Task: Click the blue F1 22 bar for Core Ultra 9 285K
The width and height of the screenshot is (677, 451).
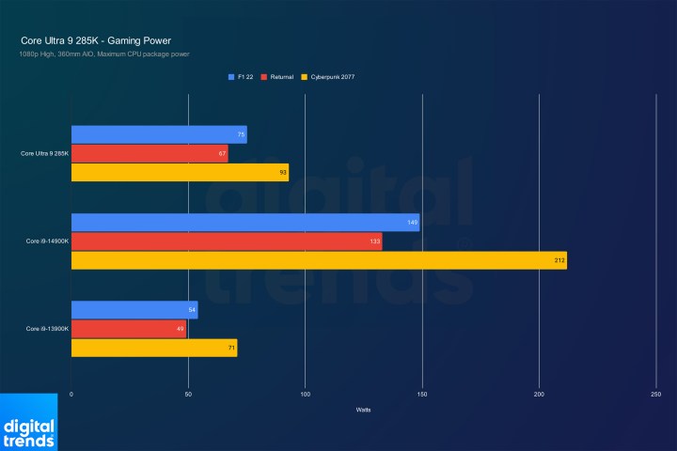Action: tap(158, 135)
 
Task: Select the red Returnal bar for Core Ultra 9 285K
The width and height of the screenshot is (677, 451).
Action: tap(149, 154)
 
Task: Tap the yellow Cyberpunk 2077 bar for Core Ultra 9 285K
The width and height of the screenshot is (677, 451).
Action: tap(179, 173)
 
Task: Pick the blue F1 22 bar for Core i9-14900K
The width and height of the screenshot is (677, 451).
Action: tap(244, 223)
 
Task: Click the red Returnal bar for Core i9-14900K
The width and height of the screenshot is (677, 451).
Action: tap(226, 241)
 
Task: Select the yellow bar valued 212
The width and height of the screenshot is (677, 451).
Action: tap(318, 260)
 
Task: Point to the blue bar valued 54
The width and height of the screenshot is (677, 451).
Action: tap(134, 310)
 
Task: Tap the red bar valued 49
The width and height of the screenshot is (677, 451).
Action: tap(128, 329)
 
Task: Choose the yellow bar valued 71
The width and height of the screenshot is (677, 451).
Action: tap(153, 348)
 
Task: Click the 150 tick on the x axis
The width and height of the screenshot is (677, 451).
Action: tap(422, 395)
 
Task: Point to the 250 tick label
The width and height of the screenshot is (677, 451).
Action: tap(655, 395)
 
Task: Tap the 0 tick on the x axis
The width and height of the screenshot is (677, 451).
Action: tap(71, 395)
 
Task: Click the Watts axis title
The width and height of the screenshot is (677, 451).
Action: tap(363, 410)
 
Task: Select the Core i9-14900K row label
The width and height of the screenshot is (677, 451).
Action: tap(46, 241)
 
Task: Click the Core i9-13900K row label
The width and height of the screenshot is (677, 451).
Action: tap(46, 329)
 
